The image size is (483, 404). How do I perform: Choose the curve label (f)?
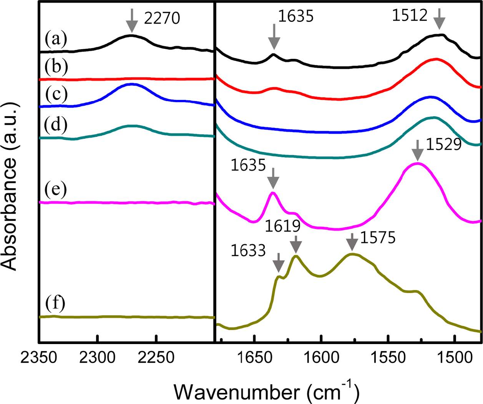click(x=55, y=304)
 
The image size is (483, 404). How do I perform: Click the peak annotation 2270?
click(x=162, y=18)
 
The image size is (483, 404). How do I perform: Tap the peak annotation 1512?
click(x=410, y=16)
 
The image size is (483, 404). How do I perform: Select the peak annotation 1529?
click(x=443, y=145)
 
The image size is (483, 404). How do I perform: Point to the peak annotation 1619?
click(x=283, y=226)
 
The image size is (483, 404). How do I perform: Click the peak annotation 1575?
click(x=378, y=238)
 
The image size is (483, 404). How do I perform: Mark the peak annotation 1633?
click(x=248, y=251)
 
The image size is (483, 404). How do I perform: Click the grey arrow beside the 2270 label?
click(x=132, y=20)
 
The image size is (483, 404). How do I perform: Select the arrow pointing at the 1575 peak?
click(x=352, y=243)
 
